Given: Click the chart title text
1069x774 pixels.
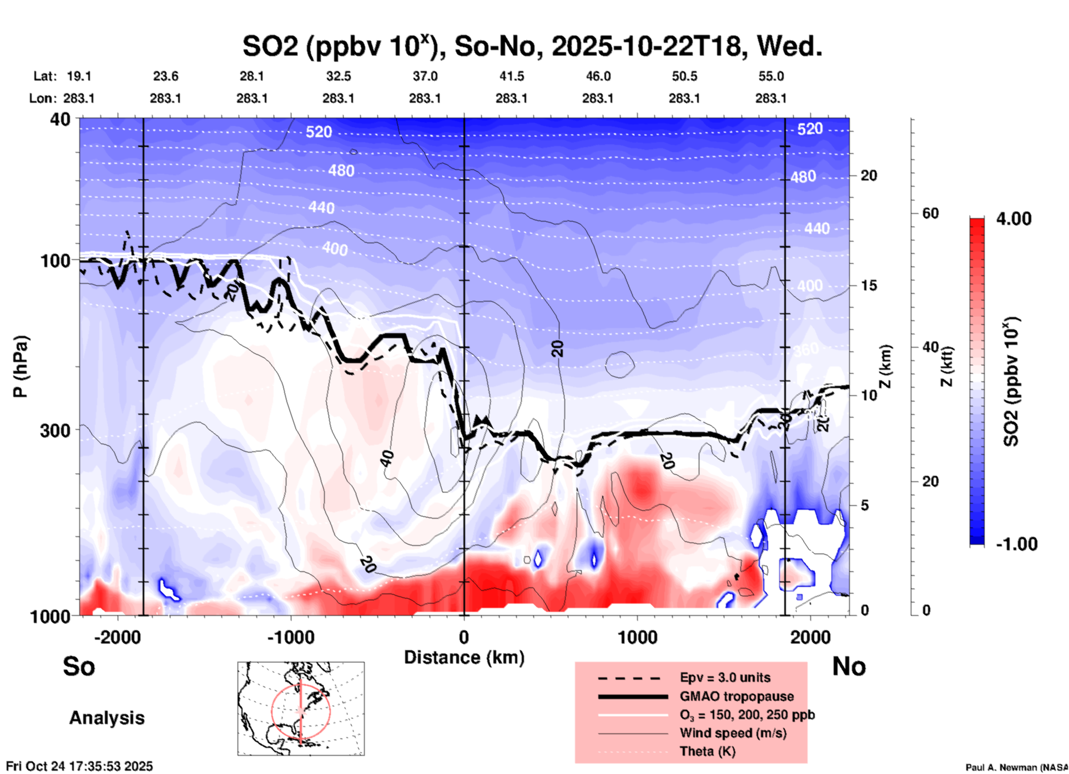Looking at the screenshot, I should (x=532, y=46).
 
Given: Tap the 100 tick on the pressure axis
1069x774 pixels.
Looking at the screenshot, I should (x=56, y=260).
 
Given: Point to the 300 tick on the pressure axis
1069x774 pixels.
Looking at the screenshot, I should (x=56, y=430).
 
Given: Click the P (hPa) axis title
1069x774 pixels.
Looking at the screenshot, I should (x=21, y=366).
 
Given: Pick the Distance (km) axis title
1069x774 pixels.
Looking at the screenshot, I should (x=464, y=657).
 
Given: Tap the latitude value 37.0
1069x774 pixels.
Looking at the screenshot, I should (x=425, y=76).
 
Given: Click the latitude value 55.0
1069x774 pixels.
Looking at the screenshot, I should (x=771, y=76).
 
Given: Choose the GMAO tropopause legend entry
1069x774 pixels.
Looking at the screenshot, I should (x=736, y=696).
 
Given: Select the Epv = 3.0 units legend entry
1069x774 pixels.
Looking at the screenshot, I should (x=724, y=677).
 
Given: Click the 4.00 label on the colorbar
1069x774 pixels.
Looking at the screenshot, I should (x=1013, y=219).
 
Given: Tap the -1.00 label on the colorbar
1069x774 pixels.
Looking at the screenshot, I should (x=1016, y=544).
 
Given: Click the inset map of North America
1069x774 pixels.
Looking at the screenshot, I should (x=301, y=708).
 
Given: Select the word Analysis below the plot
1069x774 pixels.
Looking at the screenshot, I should (x=107, y=718).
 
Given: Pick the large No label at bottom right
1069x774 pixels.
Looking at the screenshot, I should (x=849, y=666).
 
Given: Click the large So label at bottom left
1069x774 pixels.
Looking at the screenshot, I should (x=79, y=666).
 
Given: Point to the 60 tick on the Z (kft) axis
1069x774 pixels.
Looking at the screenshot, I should (x=930, y=213).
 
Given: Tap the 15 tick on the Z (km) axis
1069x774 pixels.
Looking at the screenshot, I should (x=869, y=285).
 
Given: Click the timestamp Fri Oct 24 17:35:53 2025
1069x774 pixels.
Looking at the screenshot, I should (x=79, y=766).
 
